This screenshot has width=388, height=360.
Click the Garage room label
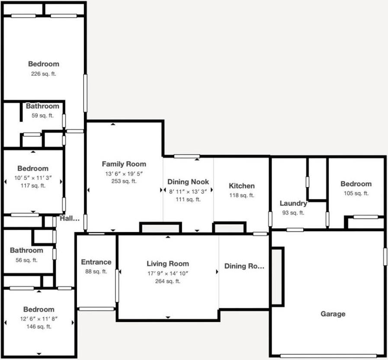333,314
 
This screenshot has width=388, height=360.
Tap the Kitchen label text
242,186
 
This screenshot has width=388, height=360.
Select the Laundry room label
293,203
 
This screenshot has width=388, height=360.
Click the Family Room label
124,164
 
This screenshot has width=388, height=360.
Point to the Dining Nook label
188,182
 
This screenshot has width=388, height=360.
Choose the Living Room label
167,264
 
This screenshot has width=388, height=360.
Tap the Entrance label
96,262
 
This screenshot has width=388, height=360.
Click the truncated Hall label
70,219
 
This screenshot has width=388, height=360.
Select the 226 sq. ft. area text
43,74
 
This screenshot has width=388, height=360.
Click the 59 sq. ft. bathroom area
42,116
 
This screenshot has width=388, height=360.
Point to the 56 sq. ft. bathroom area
26,260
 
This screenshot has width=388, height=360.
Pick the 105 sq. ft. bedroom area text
356,193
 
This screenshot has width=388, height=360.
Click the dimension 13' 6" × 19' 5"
124,173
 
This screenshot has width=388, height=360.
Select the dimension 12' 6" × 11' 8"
39,318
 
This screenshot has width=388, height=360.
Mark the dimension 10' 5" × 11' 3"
33,177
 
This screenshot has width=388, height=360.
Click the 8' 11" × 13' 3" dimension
188,191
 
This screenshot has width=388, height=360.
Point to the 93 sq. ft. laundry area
293,212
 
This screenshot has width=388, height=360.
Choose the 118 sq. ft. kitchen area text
242,195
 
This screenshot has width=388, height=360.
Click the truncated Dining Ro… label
244,266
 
